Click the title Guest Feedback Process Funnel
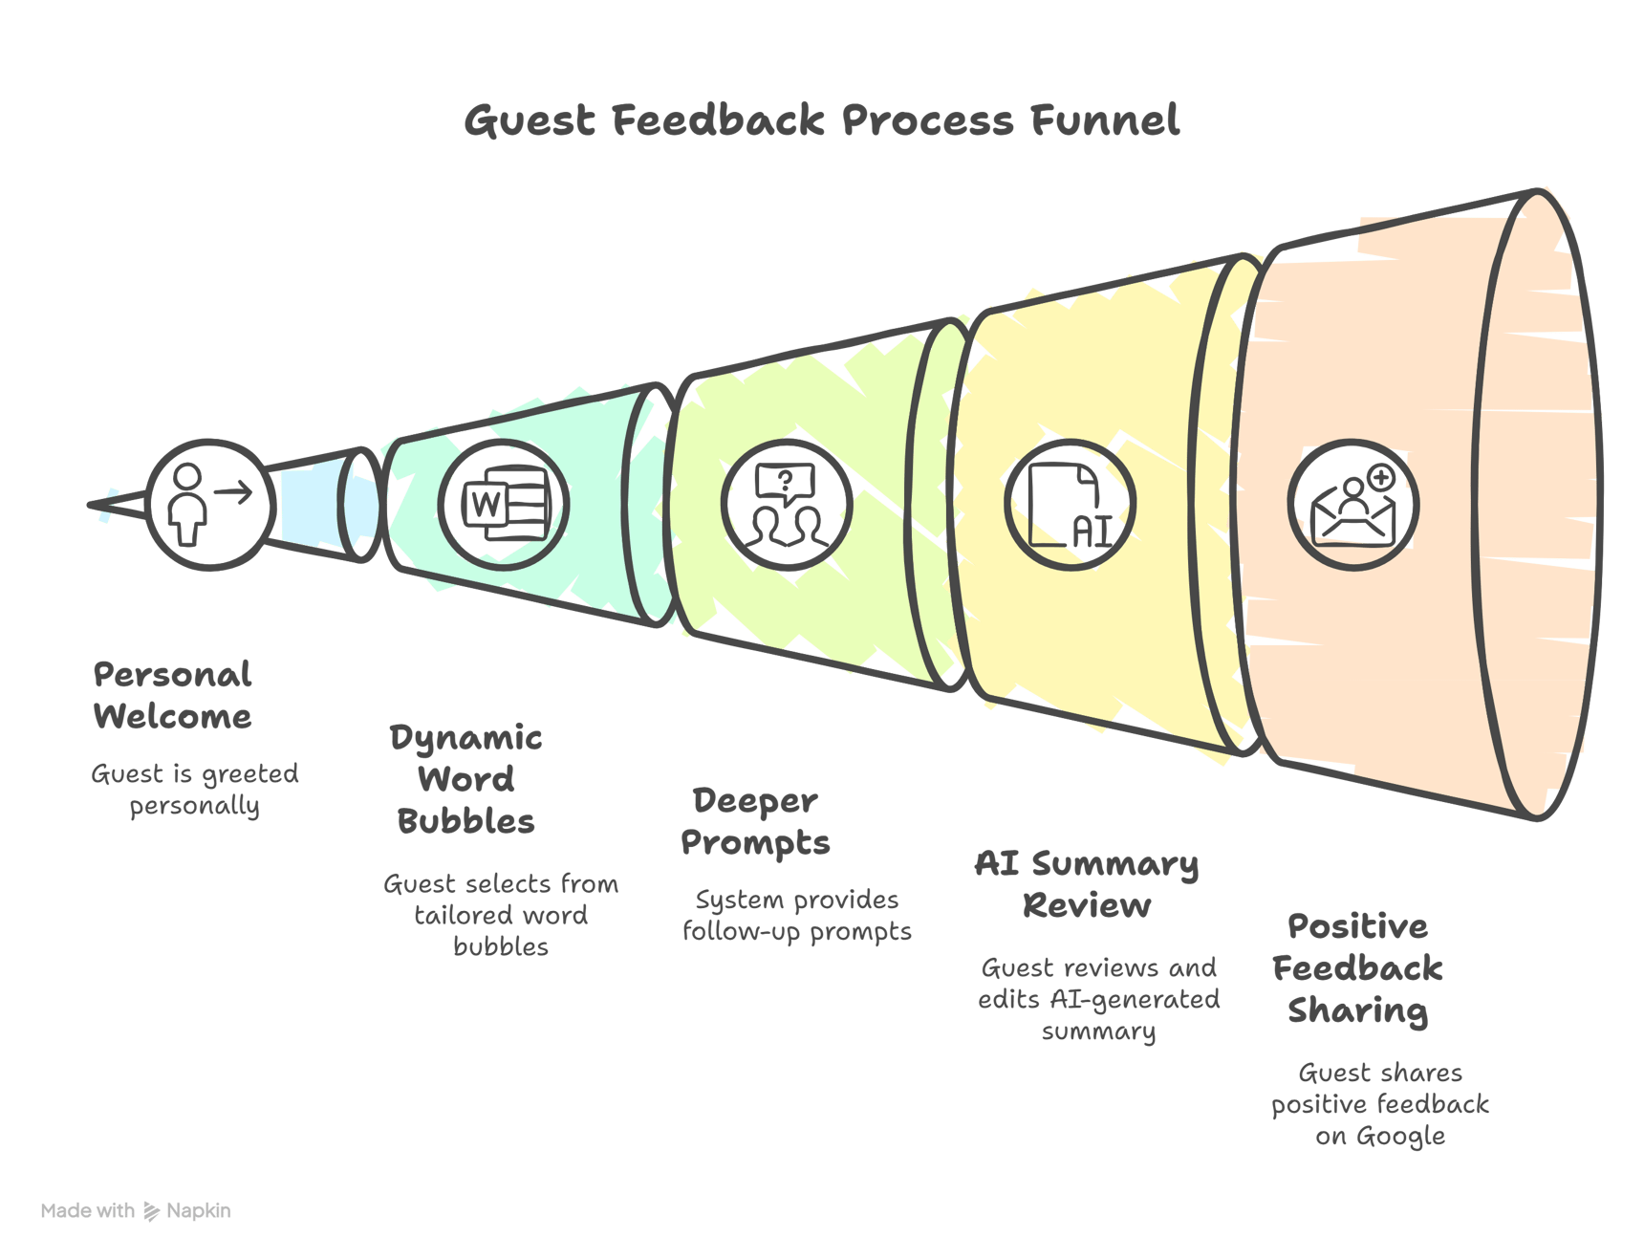pos(821,121)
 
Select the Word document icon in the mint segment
pos(505,504)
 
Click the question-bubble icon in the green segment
pos(787,505)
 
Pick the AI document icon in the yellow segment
pos(1071,505)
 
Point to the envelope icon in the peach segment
pos(1353,505)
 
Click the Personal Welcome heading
pos(173,696)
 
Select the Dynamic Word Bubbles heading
pos(466,779)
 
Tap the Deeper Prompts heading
pos(755,822)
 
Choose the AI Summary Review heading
pos(1087,884)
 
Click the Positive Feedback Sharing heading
pos(1357,968)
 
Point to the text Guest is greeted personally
pos(195,790)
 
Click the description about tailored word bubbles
pos(501,915)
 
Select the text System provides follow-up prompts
pos(797,916)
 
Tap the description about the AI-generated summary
pos(1099,999)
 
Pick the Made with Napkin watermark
pos(136,1211)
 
